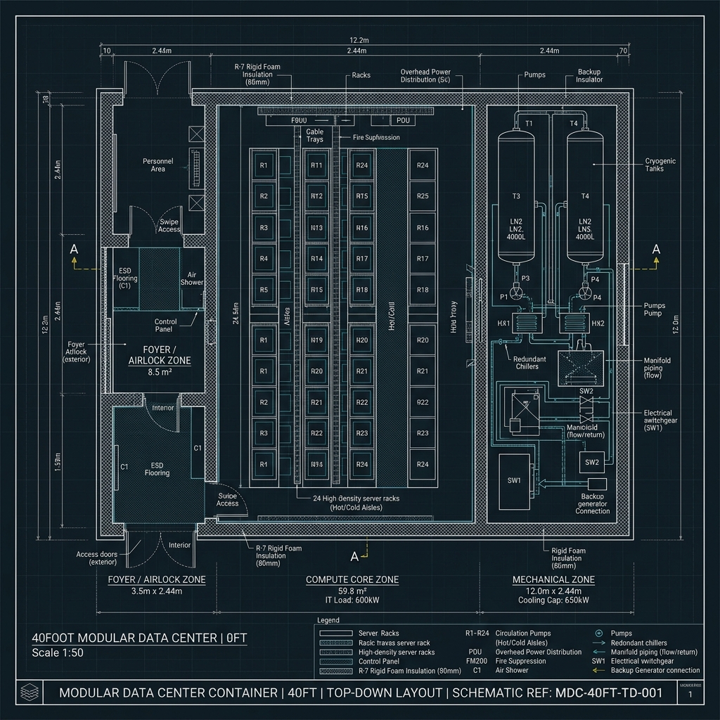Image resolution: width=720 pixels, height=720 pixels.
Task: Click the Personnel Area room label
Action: tap(158, 165)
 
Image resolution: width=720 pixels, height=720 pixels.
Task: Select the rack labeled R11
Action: tap(316, 166)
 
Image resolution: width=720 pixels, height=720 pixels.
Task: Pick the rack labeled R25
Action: tap(423, 196)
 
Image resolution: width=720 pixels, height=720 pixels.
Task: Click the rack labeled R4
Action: tap(264, 259)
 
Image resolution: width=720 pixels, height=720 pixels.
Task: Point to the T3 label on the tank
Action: tap(516, 196)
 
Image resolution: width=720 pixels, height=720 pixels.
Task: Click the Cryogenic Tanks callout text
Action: tap(660, 165)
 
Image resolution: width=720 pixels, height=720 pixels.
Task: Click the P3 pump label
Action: tap(526, 278)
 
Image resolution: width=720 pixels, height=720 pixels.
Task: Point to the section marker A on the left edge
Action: tap(73, 250)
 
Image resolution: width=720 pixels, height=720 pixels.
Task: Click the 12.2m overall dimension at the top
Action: tap(360, 40)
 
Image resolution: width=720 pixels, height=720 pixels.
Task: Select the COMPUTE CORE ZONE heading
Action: tap(352, 579)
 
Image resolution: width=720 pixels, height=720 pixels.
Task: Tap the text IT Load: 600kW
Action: tap(352, 601)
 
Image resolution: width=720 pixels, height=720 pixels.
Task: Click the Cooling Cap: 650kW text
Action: tap(553, 601)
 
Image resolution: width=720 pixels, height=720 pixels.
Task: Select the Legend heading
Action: tap(328, 620)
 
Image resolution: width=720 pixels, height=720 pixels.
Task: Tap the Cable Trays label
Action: tap(315, 135)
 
